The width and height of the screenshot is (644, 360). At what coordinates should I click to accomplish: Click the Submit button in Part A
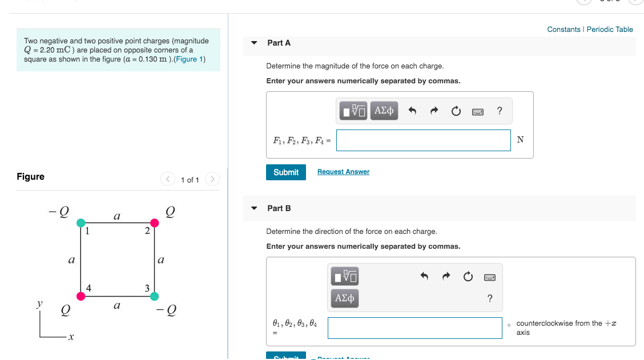[285, 172]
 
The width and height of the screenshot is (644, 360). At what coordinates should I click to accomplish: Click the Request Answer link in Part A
[343, 172]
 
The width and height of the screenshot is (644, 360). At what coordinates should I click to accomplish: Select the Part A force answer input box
[423, 140]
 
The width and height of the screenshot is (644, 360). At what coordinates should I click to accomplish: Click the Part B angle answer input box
[415, 328]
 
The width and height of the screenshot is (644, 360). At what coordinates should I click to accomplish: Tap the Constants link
[563, 30]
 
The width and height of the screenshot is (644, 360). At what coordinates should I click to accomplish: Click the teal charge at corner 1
[81, 223]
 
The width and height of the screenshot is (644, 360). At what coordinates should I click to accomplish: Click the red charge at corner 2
[154, 223]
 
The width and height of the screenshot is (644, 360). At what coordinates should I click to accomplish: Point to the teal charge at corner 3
[154, 296]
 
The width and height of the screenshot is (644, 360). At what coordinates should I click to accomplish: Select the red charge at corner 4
[81, 296]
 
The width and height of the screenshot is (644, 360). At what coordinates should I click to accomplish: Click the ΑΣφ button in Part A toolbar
[384, 111]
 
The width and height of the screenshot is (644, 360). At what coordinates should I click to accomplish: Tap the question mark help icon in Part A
[500, 111]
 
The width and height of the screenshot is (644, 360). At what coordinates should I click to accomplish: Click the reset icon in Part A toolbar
[456, 111]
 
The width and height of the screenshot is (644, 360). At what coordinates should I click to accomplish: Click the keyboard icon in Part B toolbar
[489, 277]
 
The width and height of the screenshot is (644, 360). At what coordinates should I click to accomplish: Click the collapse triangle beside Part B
[254, 208]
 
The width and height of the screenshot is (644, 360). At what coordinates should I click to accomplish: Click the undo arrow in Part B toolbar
[424, 277]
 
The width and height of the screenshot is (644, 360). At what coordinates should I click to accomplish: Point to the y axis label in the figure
[40, 305]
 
